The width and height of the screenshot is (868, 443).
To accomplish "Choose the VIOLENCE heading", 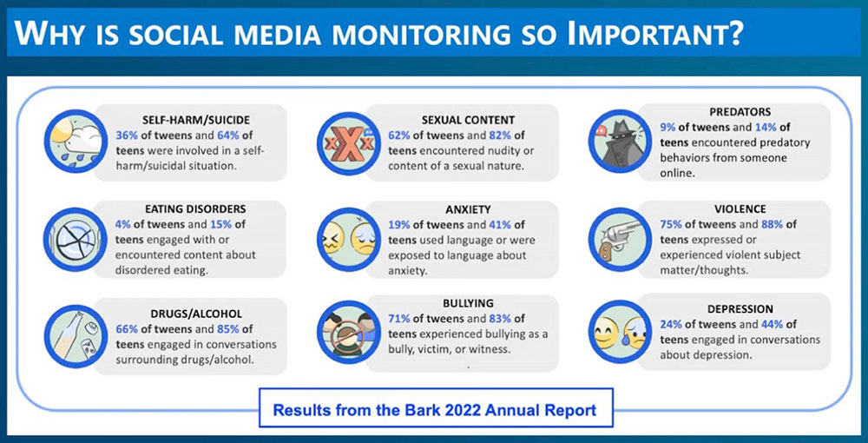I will point(740,208).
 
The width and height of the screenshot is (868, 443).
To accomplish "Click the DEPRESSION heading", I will point(740,309).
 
